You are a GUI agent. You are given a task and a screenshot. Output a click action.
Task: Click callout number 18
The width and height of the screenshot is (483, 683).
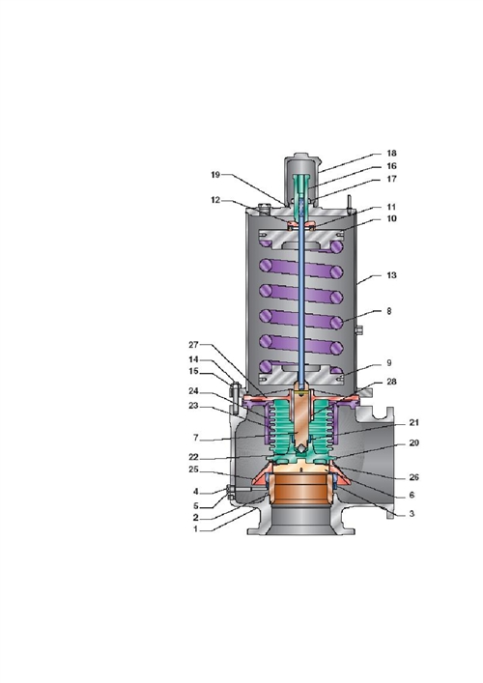(x=391, y=154)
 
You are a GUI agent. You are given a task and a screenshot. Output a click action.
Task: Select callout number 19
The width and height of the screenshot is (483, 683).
(x=215, y=175)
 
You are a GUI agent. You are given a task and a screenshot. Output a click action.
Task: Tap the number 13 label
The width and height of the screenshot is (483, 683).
(x=391, y=275)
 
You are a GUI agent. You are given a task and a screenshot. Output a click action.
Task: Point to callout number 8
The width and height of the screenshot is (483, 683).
(x=389, y=311)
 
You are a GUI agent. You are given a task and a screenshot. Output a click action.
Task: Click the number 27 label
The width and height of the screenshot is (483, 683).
(x=193, y=345)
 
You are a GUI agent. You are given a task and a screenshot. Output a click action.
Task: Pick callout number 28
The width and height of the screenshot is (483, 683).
(x=391, y=382)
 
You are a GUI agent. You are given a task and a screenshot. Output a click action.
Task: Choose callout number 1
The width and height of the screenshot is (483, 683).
(x=196, y=529)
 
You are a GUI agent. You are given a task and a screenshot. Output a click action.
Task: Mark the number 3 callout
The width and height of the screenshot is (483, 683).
(x=412, y=514)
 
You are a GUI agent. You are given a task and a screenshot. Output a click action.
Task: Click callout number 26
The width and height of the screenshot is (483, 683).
(x=413, y=477)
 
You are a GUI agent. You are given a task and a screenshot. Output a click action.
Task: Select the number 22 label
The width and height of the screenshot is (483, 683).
(x=193, y=457)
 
